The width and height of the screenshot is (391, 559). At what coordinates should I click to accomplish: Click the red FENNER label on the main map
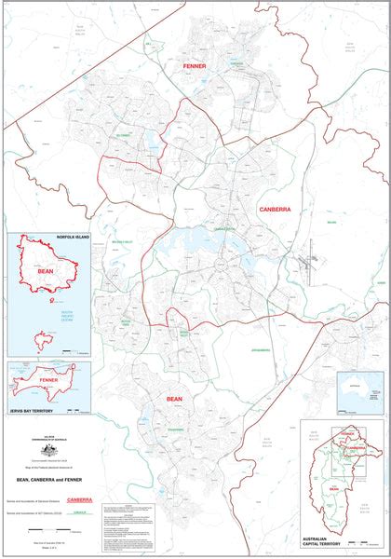point(195,67)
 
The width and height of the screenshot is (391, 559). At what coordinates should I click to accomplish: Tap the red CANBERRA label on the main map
point(275,210)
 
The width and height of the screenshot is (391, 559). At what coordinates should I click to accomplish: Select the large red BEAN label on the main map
point(174,399)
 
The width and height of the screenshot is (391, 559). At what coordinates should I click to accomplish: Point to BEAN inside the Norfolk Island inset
point(45,272)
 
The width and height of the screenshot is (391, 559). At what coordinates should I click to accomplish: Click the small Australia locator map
point(360,389)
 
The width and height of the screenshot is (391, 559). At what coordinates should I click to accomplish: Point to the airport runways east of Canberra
point(304,262)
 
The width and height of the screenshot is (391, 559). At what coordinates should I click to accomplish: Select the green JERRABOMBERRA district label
point(260,350)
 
